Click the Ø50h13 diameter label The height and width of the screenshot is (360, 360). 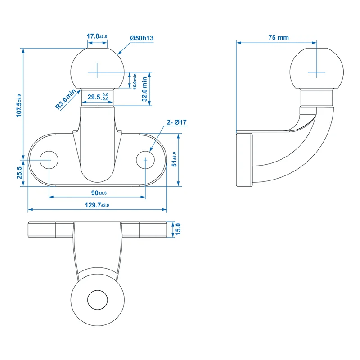point(141,39)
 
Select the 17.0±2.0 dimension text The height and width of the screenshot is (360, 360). point(97,36)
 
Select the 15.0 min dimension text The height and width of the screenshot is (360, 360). point(135,81)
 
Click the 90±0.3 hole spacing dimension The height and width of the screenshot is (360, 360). point(97,193)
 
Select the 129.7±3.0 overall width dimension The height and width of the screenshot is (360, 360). point(97,205)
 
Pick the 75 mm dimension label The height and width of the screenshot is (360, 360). point(279,38)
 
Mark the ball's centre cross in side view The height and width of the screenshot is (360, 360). point(317,71)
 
